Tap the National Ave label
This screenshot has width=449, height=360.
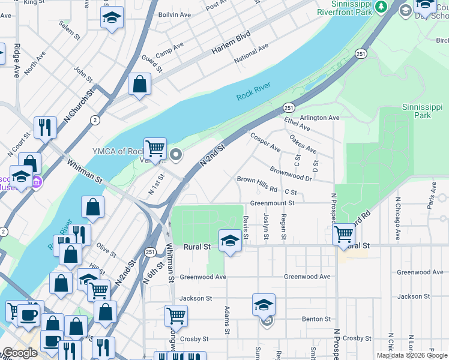[252, 53]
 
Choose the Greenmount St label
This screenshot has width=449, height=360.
[272, 203]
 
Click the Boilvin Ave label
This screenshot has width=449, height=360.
[174, 14]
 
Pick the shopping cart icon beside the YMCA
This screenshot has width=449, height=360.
[155, 148]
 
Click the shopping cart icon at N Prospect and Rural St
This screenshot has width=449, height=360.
[343, 233]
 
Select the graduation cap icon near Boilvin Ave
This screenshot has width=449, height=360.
[112, 17]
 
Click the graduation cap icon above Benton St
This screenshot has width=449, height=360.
[264, 304]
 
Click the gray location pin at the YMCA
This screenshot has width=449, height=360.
[176, 155]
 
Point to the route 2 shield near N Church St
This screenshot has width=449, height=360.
[95, 120]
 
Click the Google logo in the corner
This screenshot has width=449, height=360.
[20, 353]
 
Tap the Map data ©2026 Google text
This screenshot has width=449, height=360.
[411, 355]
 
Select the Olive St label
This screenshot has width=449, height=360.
[106, 248]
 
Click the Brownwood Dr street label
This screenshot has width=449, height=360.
[291, 175]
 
